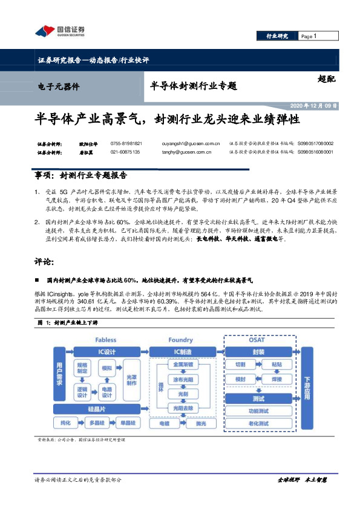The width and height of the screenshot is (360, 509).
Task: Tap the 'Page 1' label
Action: (309, 36)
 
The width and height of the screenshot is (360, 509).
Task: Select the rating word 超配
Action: (326, 78)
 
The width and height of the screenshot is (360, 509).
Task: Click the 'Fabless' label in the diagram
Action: (105, 340)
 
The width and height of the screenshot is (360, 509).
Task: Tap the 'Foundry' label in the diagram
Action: (180, 340)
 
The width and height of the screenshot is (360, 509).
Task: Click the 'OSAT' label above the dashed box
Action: (257, 340)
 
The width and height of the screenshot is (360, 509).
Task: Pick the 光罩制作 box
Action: (131, 379)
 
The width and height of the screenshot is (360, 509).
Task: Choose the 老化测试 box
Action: (258, 424)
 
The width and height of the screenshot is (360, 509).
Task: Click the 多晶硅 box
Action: (97, 423)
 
